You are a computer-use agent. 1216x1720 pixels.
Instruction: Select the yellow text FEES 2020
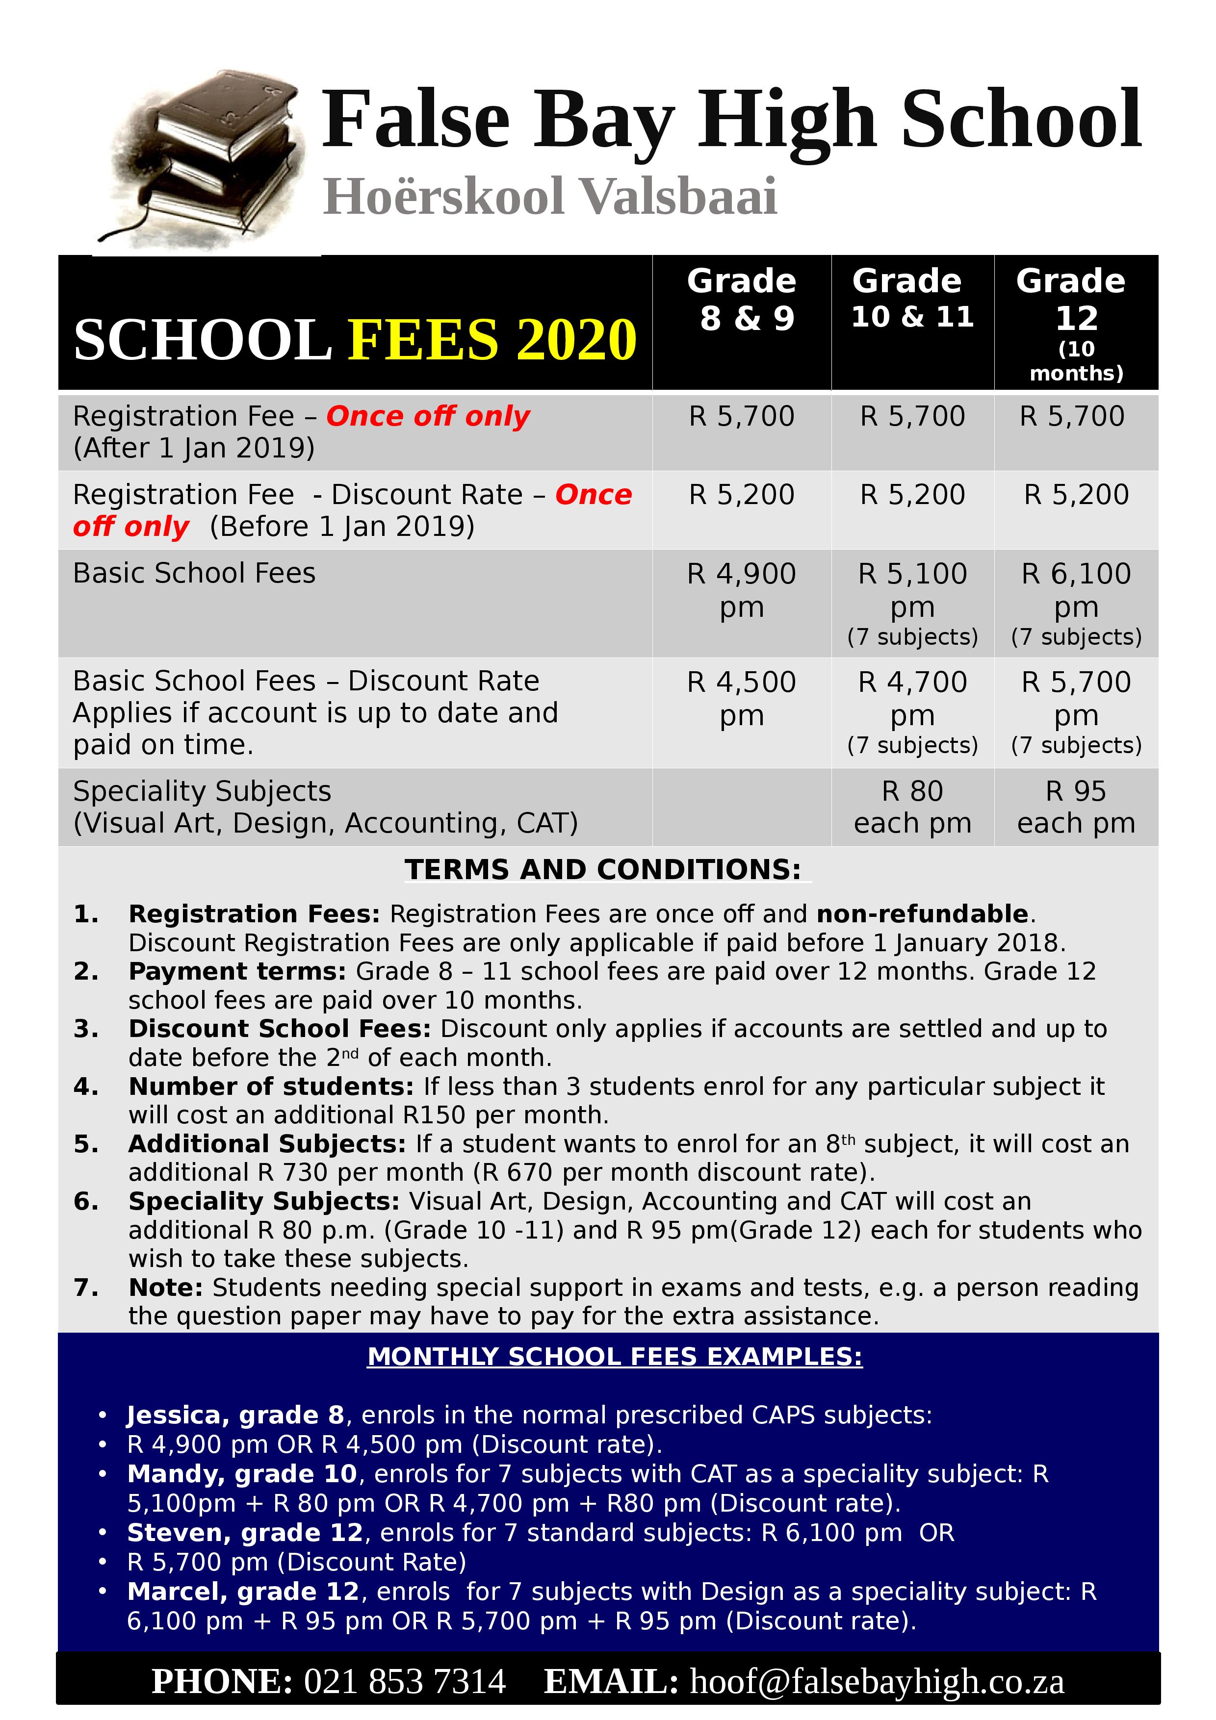click(492, 340)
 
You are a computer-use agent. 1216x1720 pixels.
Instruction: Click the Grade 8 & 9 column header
click(741, 300)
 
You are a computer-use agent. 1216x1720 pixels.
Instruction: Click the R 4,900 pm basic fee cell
click(741, 589)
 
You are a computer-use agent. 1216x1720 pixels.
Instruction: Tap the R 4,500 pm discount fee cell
click(741, 698)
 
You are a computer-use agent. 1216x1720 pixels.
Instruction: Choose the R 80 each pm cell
click(912, 807)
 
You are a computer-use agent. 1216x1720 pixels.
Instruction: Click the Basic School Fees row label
click(194, 573)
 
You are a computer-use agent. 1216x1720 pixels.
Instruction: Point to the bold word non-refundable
click(922, 914)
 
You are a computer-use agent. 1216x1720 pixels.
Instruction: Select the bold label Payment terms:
click(237, 972)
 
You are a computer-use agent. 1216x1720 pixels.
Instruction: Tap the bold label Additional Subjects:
click(267, 1144)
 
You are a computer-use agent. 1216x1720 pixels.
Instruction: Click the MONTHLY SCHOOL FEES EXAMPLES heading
click(614, 1357)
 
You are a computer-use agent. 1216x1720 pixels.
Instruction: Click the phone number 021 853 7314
click(405, 1682)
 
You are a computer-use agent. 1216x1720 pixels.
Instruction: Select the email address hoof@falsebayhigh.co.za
click(877, 1682)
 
